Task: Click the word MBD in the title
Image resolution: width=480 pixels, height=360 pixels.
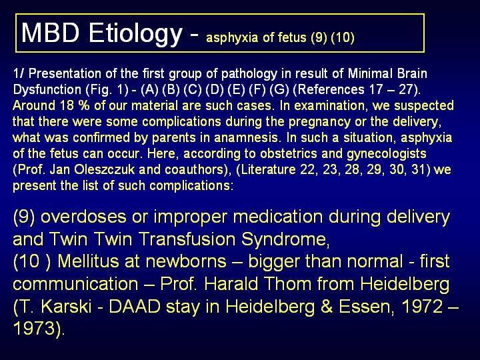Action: (51, 33)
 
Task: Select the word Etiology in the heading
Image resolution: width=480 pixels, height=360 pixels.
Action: (135, 35)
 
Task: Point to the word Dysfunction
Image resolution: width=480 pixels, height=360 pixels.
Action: (47, 89)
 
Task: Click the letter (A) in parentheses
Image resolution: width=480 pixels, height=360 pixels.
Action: (150, 90)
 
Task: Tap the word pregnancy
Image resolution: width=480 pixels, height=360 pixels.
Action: (319, 122)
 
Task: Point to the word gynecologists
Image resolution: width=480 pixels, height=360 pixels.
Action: (387, 154)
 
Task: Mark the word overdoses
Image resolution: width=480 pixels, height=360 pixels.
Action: (83, 217)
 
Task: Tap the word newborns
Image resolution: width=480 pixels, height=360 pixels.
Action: (186, 261)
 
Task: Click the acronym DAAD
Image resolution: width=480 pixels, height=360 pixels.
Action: (135, 307)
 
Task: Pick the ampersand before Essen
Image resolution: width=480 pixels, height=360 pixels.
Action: (327, 307)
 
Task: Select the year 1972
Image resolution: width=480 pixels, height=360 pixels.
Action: (422, 307)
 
